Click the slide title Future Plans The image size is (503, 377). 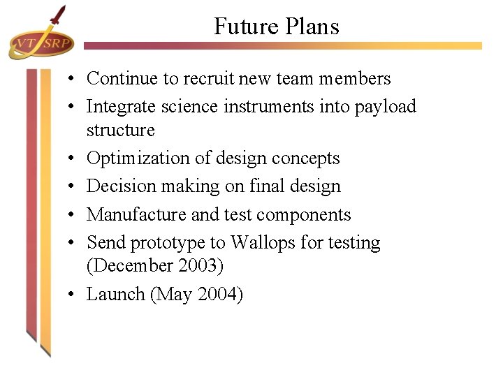pyautogui.click(x=276, y=27)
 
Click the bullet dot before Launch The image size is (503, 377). pyautogui.click(x=73, y=295)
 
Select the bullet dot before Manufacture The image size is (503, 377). pyautogui.click(x=73, y=215)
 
